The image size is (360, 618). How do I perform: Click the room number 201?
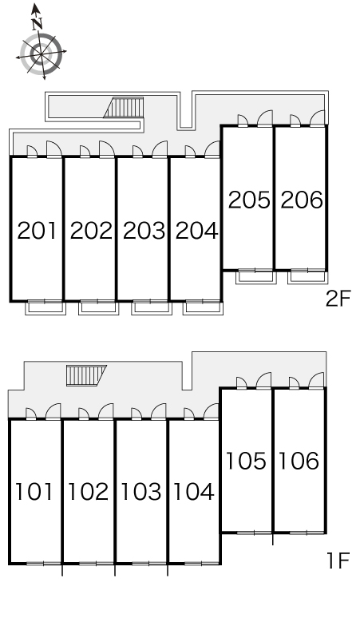point(37,231)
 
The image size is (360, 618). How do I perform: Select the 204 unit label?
point(196,231)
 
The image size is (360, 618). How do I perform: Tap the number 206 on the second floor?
point(302,200)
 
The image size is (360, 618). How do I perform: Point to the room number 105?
point(246,461)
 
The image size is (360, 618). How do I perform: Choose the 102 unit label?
point(89,492)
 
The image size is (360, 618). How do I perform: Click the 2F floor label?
point(338,299)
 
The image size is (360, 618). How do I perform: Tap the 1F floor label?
point(338,561)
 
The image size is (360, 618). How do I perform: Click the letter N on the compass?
point(37,25)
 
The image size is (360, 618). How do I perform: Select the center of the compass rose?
point(42,54)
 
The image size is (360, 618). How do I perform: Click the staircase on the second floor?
point(124,108)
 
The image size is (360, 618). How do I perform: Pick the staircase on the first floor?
point(86,375)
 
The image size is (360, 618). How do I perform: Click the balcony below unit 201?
point(45,308)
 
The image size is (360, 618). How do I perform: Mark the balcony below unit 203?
point(152,308)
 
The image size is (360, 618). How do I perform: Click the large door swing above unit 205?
point(265,118)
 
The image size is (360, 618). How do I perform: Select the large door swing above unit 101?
point(53,411)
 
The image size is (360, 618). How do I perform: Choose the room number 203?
point(144,231)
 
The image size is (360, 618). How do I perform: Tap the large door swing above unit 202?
point(107,149)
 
